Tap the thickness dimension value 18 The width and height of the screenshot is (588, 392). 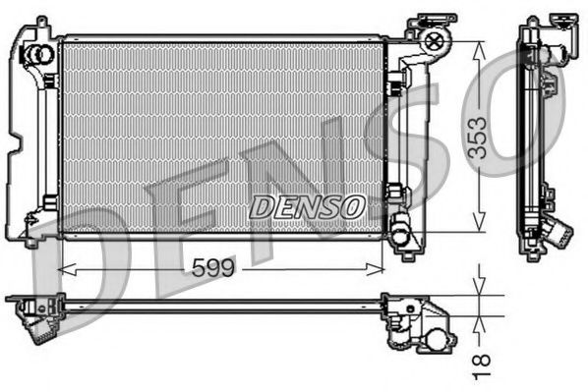click(x=482, y=364)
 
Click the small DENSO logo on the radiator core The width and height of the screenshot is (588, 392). click(x=306, y=206)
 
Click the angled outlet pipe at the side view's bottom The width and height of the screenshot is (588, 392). click(x=559, y=236)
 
